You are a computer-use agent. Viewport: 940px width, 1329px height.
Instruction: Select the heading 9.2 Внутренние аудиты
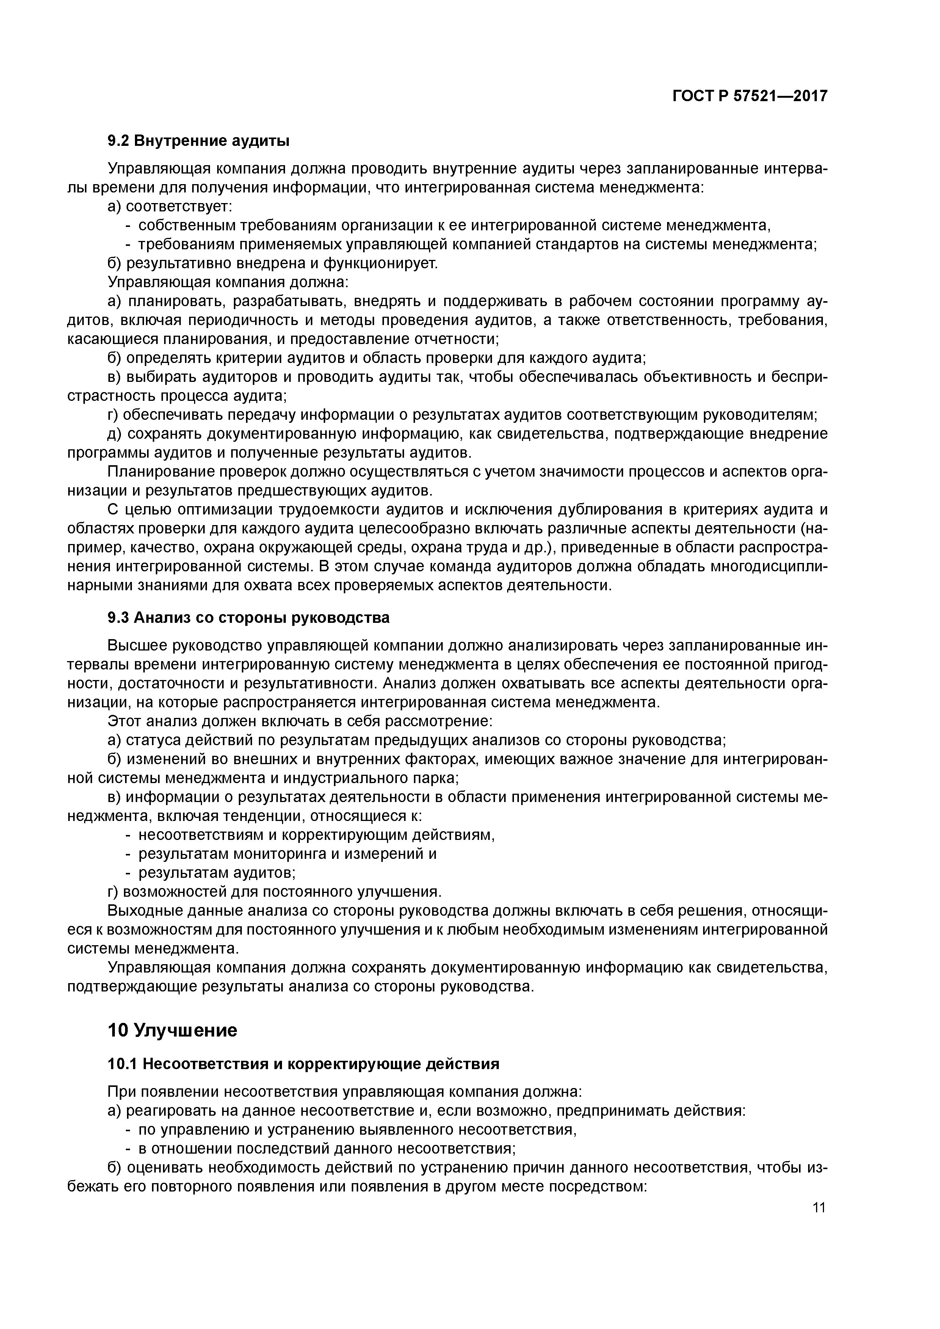pos(199,141)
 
